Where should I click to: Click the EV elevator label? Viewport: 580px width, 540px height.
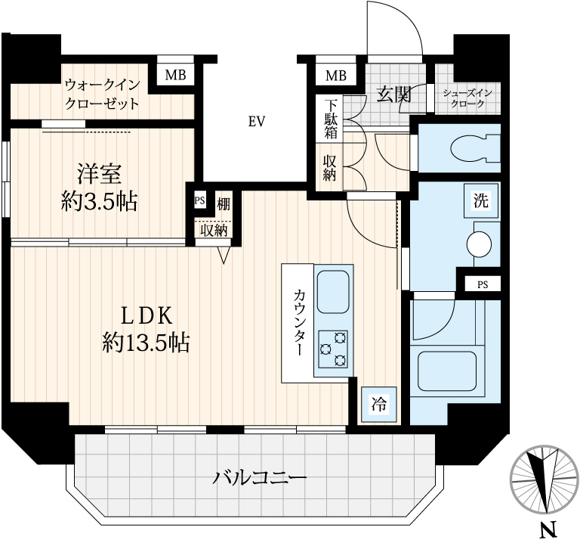pos(257,121)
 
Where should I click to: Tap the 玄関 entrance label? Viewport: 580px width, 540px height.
pos(394,95)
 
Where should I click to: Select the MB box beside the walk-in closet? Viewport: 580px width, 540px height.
pos(175,75)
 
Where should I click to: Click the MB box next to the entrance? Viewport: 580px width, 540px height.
pos(336,76)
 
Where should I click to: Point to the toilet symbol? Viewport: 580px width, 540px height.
pos(476,148)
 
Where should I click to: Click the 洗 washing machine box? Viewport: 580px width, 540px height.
pos(481,200)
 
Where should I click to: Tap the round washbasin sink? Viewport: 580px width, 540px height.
pos(479,244)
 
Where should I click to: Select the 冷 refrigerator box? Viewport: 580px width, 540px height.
pos(379,404)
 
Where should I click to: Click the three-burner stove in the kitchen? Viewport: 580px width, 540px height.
pos(333,349)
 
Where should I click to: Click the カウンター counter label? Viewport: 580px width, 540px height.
pos(299,322)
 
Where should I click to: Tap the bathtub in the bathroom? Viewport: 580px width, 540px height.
pos(447,371)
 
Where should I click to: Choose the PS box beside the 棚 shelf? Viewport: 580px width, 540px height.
pos(199,200)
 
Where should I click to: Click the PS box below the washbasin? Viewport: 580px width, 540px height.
pos(483,284)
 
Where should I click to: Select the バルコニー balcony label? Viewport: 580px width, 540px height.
pos(260,477)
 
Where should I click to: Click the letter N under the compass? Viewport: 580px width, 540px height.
pos(548,529)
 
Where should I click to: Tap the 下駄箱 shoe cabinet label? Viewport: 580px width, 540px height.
pos(331,119)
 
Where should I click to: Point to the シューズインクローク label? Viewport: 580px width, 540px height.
pos(467,98)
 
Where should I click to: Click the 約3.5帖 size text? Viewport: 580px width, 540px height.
pos(99,202)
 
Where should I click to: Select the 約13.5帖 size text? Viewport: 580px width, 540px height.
pos(146,343)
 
